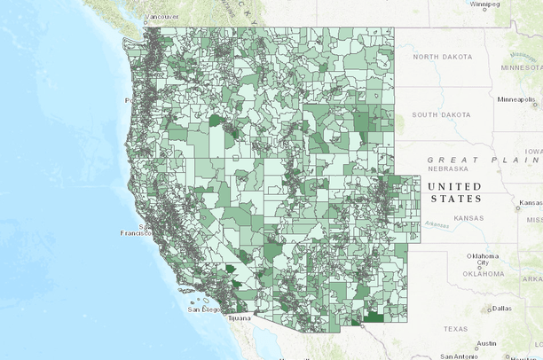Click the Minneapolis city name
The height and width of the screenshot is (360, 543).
click(x=516, y=99)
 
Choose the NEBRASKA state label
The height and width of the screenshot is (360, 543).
click(x=448, y=168)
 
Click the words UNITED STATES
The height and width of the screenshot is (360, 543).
click(x=454, y=192)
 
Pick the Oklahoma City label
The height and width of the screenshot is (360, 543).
click(x=484, y=260)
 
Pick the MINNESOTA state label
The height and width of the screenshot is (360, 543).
click(x=521, y=67)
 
